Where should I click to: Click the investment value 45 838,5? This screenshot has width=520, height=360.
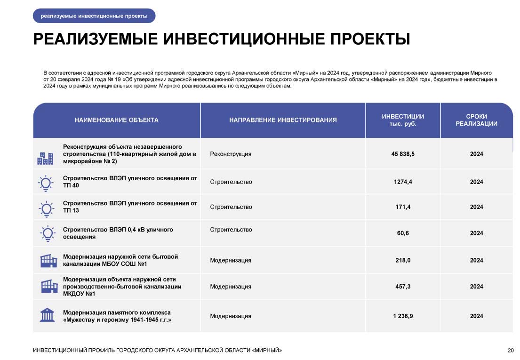[x=403, y=154]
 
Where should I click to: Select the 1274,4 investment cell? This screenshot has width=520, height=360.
[x=403, y=182]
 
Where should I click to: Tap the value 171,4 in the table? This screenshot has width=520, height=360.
[x=403, y=207]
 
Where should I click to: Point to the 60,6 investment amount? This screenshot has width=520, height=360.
[x=403, y=233]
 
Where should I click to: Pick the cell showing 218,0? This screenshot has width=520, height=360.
[x=403, y=260]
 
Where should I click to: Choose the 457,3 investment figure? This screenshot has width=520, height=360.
[x=403, y=287]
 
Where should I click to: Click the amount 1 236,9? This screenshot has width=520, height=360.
[x=403, y=316]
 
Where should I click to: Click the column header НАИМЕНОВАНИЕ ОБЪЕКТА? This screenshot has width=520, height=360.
[x=117, y=120]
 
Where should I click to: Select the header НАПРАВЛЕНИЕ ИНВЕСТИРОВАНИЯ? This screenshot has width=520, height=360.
[x=283, y=120]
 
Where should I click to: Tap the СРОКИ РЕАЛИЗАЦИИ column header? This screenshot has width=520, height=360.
[x=476, y=120]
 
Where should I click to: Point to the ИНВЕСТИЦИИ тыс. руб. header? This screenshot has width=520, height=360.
[x=403, y=120]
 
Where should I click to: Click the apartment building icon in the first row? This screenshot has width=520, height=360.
[x=45, y=159]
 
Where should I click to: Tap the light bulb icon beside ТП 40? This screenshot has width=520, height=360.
[x=46, y=183]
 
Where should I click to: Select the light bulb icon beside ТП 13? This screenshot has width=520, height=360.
[x=46, y=208]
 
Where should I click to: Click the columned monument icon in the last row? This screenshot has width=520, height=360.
[x=47, y=314]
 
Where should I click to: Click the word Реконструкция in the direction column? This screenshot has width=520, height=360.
[x=231, y=154]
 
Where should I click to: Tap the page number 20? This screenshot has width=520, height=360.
[x=511, y=350]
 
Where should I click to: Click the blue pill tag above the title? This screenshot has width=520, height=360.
[x=94, y=16]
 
